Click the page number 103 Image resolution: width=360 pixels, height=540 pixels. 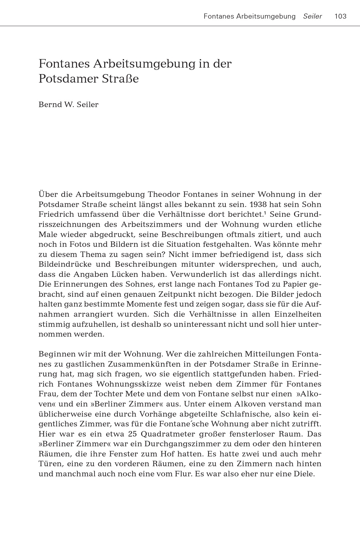tap(340, 16)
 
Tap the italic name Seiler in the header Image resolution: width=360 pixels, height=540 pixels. tap(312, 16)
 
